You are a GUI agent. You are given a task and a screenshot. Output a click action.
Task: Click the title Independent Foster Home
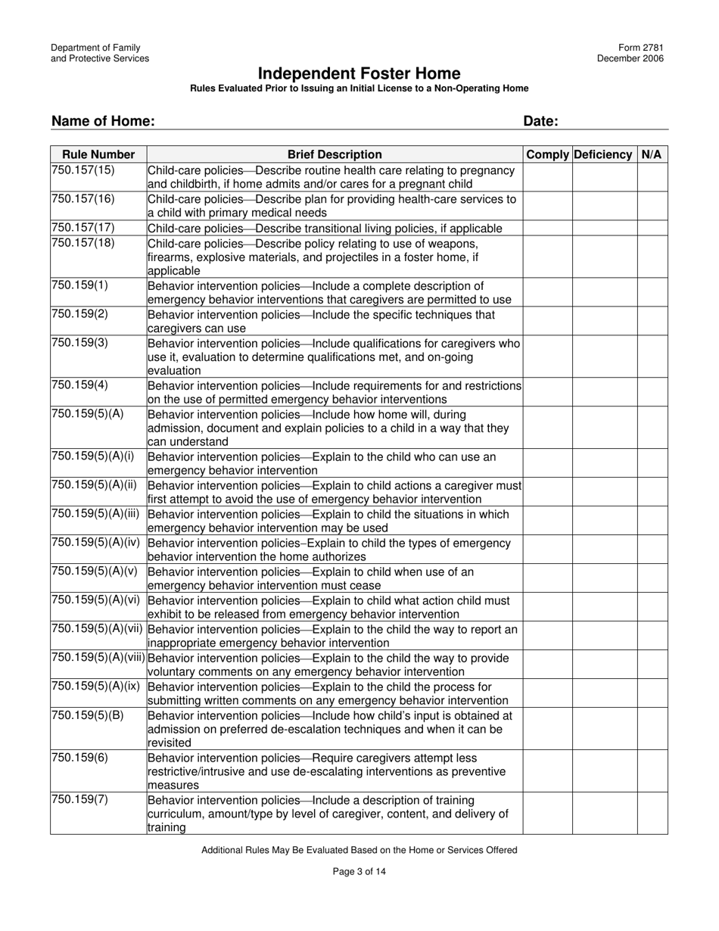359,73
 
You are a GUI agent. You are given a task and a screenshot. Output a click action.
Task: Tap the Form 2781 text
642,48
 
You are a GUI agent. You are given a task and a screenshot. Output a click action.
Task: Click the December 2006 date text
630,58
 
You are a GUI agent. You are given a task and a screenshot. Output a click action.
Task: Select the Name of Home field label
103,121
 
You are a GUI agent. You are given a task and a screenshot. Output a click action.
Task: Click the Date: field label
540,121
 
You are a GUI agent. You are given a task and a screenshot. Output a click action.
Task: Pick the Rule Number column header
98,154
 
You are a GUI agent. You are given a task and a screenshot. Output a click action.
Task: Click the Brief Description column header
335,154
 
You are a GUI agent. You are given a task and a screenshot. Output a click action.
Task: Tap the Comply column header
547,154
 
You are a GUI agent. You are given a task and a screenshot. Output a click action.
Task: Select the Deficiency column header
604,154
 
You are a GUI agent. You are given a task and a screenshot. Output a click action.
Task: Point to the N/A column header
652,154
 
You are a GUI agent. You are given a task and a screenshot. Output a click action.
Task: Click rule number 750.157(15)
83,170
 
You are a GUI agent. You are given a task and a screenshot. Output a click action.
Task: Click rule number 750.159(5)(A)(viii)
98,658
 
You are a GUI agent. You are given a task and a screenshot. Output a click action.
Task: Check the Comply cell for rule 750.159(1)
547,292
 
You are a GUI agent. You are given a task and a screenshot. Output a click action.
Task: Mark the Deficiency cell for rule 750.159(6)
604,771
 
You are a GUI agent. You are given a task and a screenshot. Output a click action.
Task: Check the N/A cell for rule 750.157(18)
652,257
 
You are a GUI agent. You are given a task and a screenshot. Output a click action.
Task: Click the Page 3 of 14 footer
359,871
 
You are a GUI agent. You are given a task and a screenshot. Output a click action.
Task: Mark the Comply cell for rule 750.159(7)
547,813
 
